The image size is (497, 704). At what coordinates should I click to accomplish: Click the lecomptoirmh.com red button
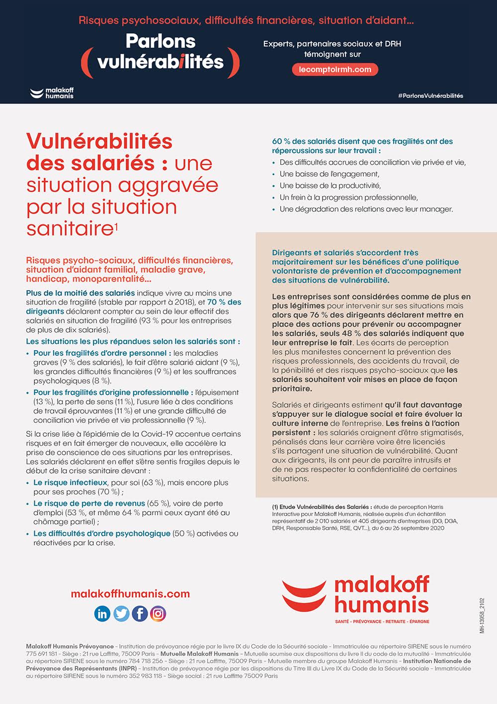click(335, 70)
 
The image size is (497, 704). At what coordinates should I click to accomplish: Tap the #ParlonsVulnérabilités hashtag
click(430, 96)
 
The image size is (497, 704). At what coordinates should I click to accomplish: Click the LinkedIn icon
click(102, 613)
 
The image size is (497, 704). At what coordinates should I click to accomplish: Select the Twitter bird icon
click(121, 613)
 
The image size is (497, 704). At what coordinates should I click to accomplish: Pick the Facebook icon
click(140, 613)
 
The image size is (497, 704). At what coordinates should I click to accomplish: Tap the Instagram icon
click(158, 613)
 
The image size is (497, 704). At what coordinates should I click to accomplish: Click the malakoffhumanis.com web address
click(130, 594)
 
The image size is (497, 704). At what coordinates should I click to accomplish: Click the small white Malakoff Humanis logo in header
click(52, 93)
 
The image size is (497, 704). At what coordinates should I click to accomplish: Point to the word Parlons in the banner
click(161, 41)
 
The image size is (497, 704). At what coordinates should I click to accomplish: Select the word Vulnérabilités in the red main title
click(99, 142)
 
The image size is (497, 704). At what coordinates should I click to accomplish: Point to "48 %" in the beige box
click(366, 333)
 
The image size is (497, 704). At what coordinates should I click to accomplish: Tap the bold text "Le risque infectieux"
click(70, 483)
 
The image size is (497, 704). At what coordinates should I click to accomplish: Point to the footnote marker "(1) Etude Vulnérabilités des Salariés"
click(322, 507)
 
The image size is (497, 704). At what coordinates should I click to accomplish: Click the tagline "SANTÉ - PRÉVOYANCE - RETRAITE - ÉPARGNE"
click(382, 621)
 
